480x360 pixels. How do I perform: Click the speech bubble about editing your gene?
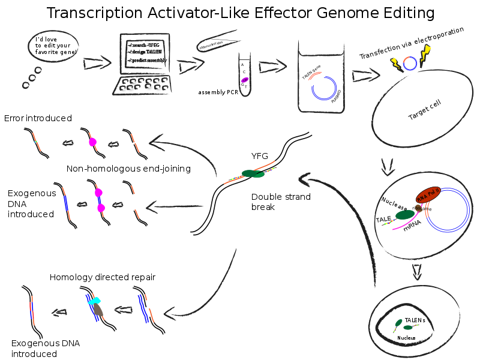click(53, 46)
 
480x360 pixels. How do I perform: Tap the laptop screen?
click(145, 54)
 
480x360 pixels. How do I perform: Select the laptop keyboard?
click(143, 85)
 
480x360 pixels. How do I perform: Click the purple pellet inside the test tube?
click(245, 80)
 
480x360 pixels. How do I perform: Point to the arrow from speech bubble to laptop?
click(97, 63)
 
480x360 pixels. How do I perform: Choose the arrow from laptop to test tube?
click(191, 65)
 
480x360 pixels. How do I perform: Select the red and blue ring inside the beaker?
click(323, 86)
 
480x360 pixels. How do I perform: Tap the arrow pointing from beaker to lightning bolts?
click(365, 76)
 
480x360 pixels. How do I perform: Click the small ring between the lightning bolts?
click(410, 63)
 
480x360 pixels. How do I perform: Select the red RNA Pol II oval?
click(428, 195)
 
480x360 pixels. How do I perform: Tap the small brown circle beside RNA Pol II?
click(418, 208)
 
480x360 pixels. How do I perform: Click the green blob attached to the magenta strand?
click(405, 215)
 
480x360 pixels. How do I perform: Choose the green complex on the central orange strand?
click(253, 173)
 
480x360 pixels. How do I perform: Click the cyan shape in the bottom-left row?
click(95, 301)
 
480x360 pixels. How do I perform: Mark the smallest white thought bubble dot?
click(26, 85)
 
